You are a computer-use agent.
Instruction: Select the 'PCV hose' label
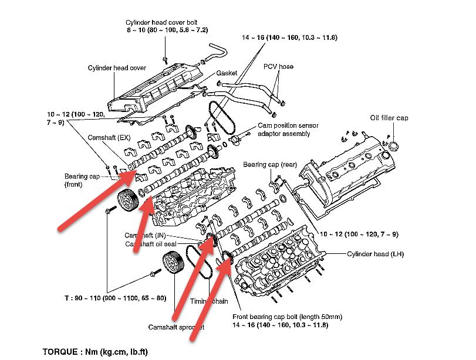278,66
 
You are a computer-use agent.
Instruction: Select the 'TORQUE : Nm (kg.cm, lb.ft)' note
96,352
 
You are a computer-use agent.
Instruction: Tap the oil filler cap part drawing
392,144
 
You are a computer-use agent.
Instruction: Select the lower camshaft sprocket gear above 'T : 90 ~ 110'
171,262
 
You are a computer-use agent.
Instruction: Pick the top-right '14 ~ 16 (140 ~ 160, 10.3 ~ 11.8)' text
291,37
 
